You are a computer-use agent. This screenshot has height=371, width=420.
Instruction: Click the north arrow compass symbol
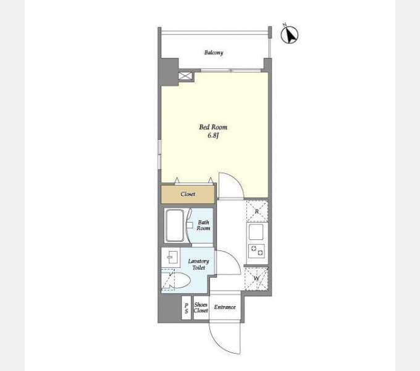point(290,34)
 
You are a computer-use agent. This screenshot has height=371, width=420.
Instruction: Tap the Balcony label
point(214,53)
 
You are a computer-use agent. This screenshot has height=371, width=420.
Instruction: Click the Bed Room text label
point(213,127)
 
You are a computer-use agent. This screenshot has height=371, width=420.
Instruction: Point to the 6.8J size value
point(213,135)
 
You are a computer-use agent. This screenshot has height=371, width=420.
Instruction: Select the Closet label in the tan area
point(188,194)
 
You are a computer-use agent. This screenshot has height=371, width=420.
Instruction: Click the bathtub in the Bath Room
point(175,226)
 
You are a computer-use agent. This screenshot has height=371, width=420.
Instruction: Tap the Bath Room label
point(203,225)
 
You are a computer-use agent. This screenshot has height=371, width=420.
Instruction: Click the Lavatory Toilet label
point(198,264)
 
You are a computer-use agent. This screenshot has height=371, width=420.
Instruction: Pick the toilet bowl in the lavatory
point(178,280)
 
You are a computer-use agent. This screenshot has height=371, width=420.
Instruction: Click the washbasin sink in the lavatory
point(170,257)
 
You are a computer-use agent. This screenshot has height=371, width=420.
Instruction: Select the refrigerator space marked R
point(257,211)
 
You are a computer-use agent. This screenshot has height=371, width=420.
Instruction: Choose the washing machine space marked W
point(256,279)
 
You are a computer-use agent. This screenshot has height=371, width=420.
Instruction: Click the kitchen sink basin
point(256,232)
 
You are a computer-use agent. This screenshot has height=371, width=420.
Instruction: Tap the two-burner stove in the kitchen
point(256,251)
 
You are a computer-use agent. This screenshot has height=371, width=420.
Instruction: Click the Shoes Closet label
point(201,307)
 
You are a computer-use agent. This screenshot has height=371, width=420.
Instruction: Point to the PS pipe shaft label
point(187,308)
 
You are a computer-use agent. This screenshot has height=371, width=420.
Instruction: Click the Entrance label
point(225,307)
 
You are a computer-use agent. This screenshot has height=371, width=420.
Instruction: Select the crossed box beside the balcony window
point(185,75)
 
